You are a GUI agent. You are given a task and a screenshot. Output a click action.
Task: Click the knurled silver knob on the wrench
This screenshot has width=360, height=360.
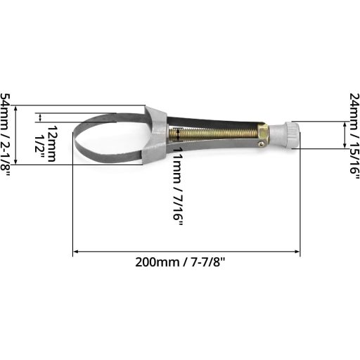click(287, 134)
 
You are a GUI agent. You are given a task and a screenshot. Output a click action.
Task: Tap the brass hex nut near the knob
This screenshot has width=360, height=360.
click(262, 131)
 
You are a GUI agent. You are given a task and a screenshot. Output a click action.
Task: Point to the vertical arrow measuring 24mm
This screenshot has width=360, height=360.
click(344, 134)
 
